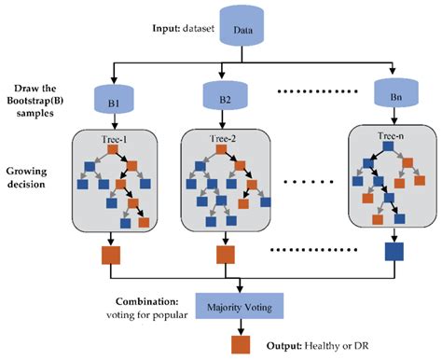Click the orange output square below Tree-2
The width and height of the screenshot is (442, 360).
225,254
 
